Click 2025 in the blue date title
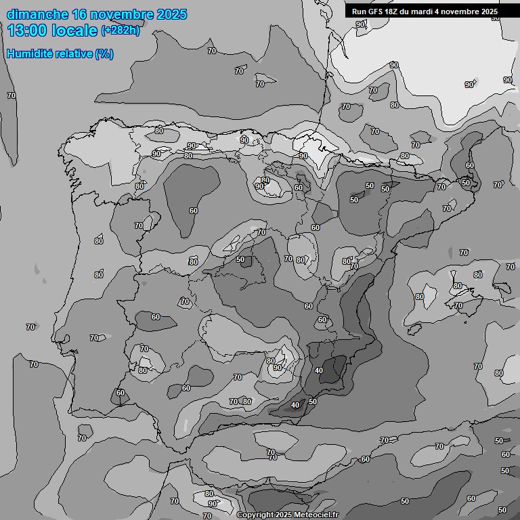pyautogui.click(x=170, y=14)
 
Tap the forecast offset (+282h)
pyautogui.click(x=121, y=30)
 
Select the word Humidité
pyautogui.click(x=30, y=53)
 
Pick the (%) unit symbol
pyautogui.click(x=104, y=53)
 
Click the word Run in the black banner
pyautogui.click(x=359, y=12)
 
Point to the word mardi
pyautogui.click(x=427, y=12)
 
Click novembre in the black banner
pyautogui.click(x=462, y=12)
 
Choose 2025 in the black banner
pyautogui.click(x=489, y=12)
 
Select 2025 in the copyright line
pyautogui.click(x=285, y=515)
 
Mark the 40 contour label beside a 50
pyautogui.click(x=295, y=405)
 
